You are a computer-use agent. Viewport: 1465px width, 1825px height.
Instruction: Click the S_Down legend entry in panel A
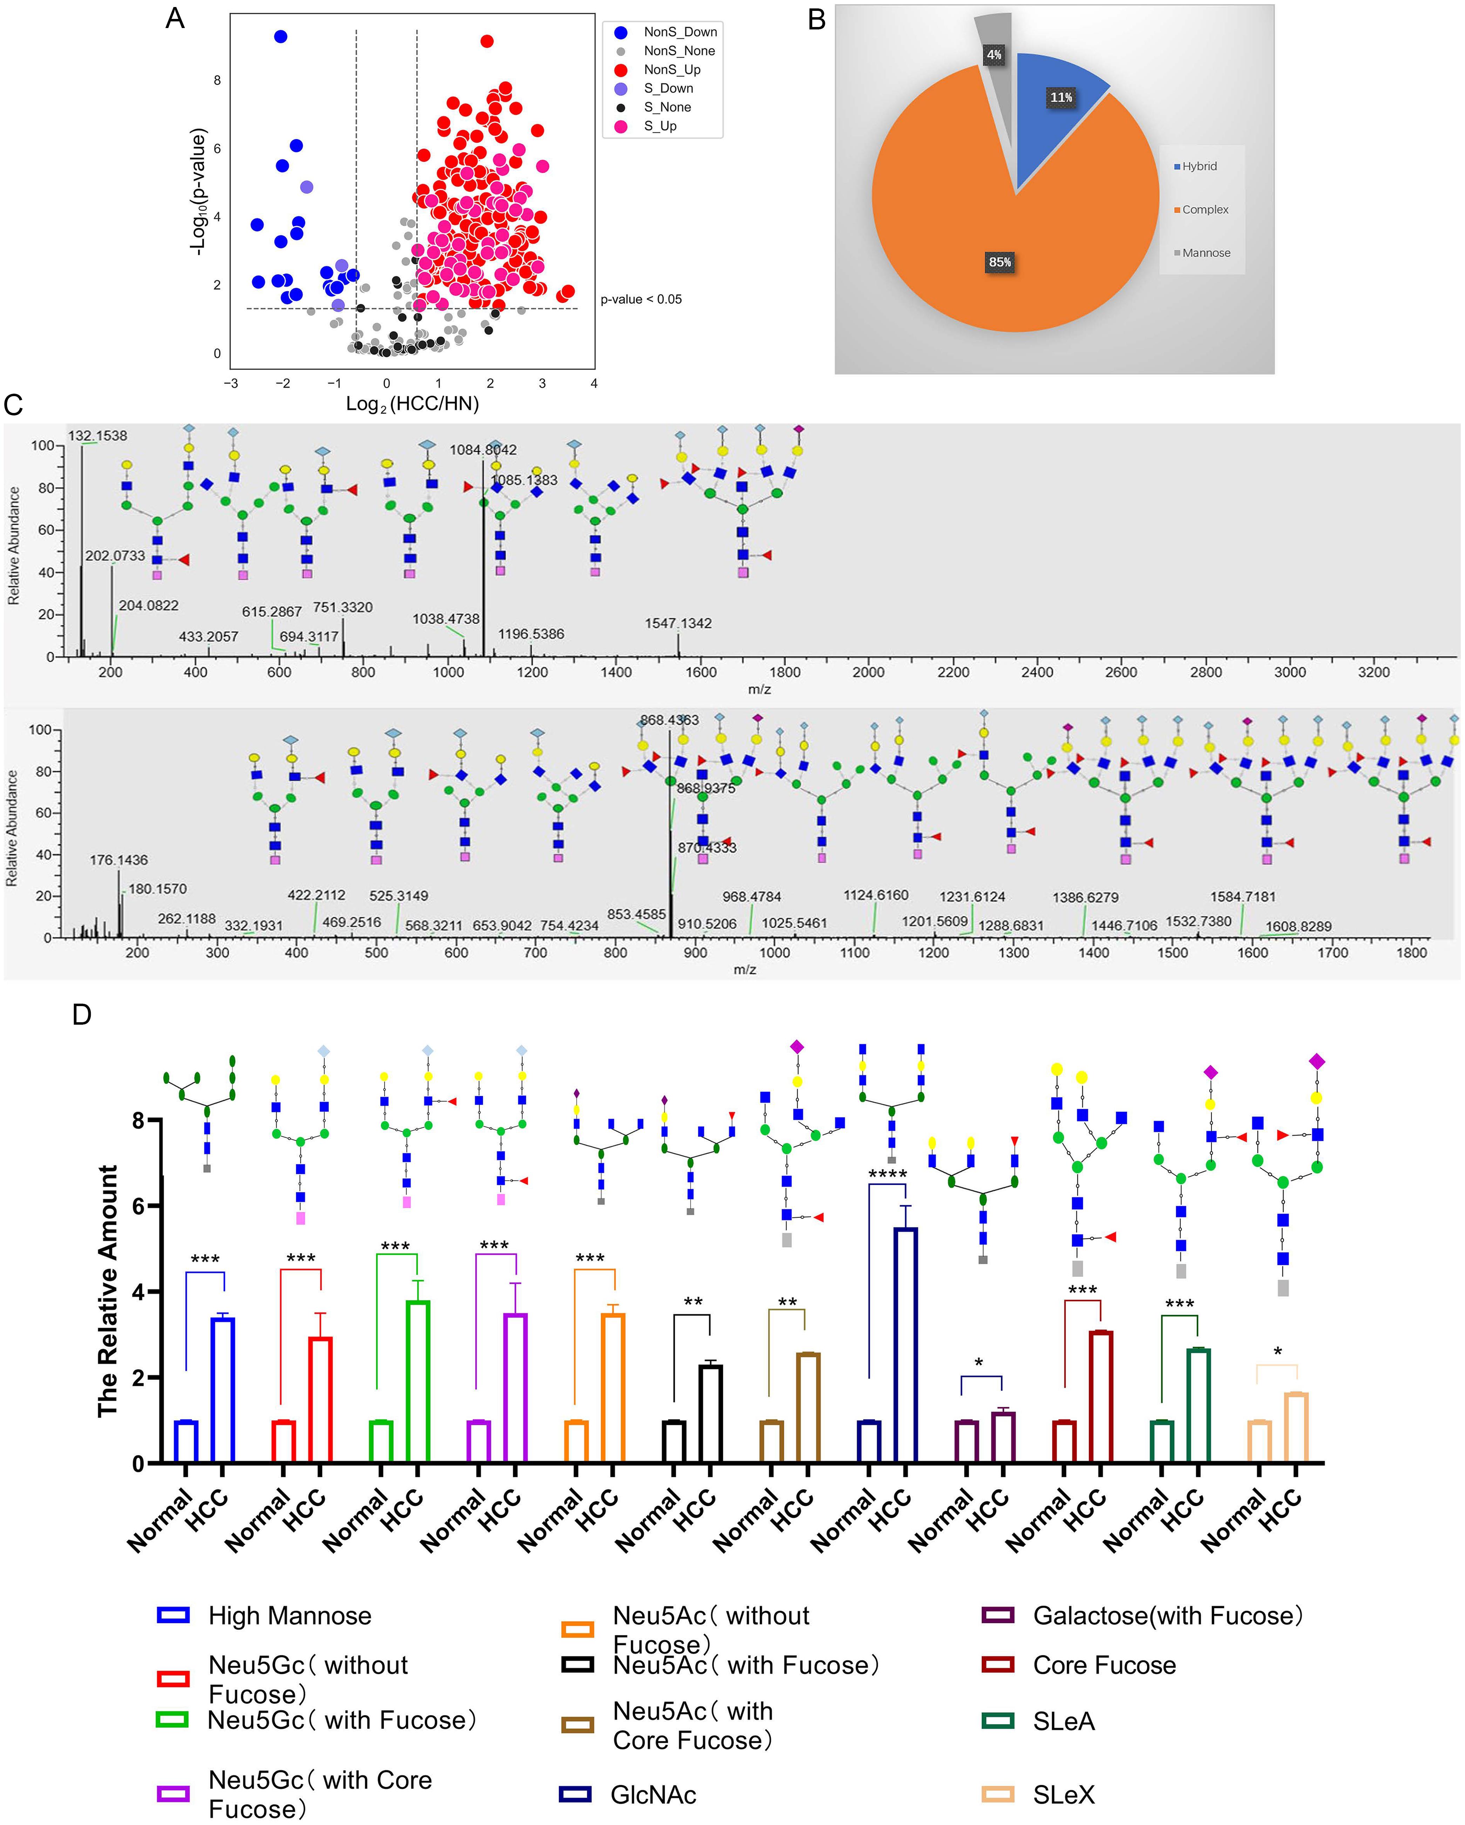click(x=668, y=88)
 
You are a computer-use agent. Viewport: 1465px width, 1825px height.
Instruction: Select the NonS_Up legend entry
click(x=671, y=69)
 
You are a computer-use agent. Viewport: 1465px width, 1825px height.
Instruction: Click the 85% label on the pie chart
click(x=999, y=263)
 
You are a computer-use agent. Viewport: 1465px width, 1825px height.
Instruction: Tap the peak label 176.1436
click(x=118, y=860)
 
